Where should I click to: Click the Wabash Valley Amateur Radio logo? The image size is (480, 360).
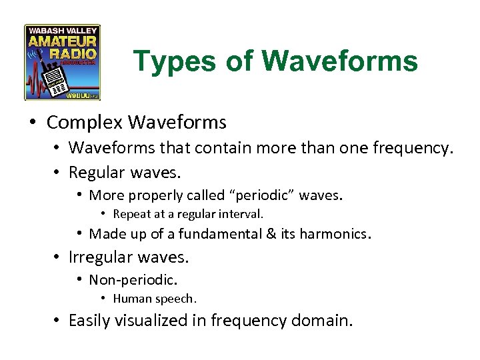point(62,62)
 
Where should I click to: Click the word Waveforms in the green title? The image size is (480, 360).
point(340,61)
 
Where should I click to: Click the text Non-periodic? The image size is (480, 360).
point(133,280)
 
